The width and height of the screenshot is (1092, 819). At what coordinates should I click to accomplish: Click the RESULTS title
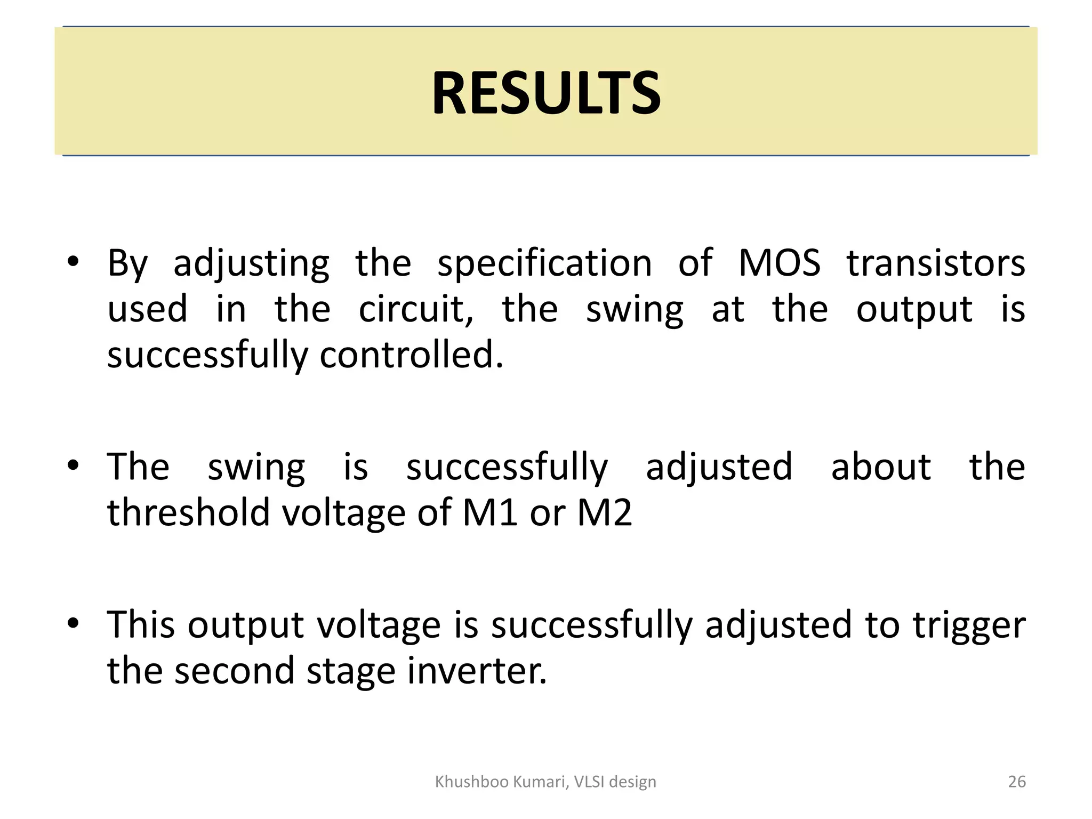coord(546,93)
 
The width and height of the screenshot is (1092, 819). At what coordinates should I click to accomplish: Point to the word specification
coord(544,264)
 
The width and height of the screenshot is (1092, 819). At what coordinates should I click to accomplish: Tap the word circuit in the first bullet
coord(415,309)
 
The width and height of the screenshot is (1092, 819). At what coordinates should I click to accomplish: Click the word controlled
coord(411,355)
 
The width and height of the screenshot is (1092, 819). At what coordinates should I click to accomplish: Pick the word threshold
coord(189,512)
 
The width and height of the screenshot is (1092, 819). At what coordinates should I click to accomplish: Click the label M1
coord(489,512)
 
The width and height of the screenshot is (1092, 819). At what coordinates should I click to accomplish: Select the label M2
coord(605,512)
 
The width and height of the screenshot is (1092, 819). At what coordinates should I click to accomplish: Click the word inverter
coord(477,671)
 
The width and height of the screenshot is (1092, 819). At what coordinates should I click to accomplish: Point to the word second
coord(235,671)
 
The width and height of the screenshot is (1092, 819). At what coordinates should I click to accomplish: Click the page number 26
coord(1017,782)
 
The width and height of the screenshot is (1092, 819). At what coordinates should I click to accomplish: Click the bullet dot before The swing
coord(73,465)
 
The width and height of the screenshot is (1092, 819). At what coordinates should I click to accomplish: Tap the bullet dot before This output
coord(73,623)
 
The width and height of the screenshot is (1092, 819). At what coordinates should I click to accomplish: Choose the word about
coord(881,467)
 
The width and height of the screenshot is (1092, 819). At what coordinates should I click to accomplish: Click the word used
coord(147,309)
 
